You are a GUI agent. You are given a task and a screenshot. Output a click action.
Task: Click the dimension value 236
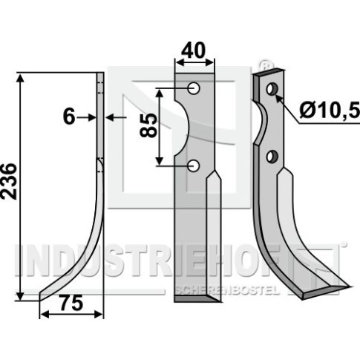click(10, 181)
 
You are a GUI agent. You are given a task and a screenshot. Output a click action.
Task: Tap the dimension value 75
click(72, 304)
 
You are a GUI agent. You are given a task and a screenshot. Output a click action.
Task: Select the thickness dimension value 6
click(69, 117)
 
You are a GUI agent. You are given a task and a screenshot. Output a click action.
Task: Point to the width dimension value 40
click(194, 50)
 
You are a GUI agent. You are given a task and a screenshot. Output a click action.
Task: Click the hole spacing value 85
click(148, 125)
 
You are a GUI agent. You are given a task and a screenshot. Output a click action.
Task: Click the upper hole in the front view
click(194, 88)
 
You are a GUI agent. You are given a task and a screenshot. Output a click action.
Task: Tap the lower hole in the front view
click(194, 166)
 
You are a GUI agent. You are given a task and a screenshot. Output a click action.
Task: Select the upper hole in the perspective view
click(272, 89)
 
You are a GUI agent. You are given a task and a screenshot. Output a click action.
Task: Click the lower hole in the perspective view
click(272, 157)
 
